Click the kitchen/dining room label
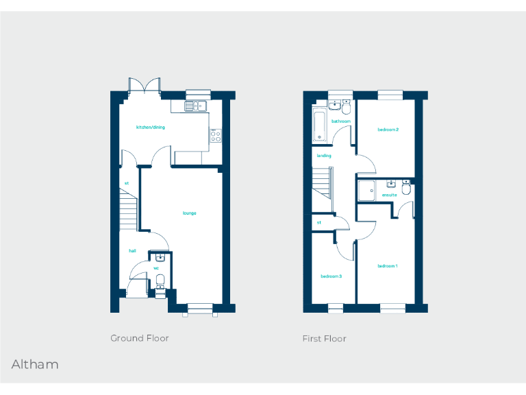(x=151, y=127)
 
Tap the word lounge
(x=189, y=213)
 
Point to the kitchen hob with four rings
(x=215, y=135)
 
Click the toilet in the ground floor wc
(x=160, y=280)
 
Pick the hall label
(x=132, y=251)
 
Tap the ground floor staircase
(x=128, y=210)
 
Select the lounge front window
(x=200, y=308)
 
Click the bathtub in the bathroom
(x=320, y=125)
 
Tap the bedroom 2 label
(x=388, y=130)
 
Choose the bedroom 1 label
(x=387, y=265)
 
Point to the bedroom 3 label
(x=331, y=276)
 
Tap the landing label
(x=324, y=156)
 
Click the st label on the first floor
(x=319, y=223)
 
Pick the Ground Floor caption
(x=140, y=338)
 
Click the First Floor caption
(x=325, y=338)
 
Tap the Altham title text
(x=35, y=364)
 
